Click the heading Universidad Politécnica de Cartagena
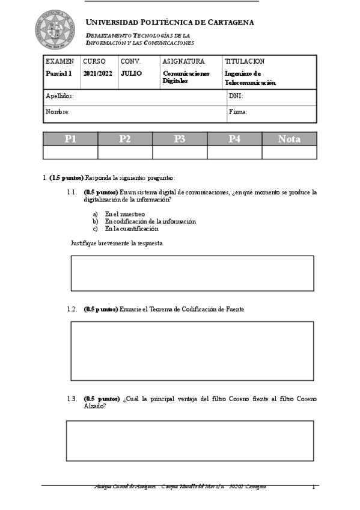pyautogui.click(x=170, y=22)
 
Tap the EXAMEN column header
pyautogui.click(x=60, y=61)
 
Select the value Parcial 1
pyautogui.click(x=59, y=73)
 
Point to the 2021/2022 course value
pyautogui.click(x=97, y=73)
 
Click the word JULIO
pyautogui.click(x=131, y=73)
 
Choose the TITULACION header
pyautogui.click(x=245, y=61)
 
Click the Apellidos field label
pyautogui.click(x=59, y=96)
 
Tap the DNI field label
pyautogui.click(x=236, y=96)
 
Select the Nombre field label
pyautogui.click(x=58, y=112)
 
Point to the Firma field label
pyautogui.click(x=238, y=112)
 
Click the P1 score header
pyautogui.click(x=71, y=139)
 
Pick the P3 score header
pyautogui.click(x=180, y=139)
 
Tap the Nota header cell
pyautogui.click(x=289, y=139)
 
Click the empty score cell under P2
pyautogui.click(x=125, y=153)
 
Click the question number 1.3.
pyautogui.click(x=72, y=399)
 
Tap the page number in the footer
pyautogui.click(x=313, y=487)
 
